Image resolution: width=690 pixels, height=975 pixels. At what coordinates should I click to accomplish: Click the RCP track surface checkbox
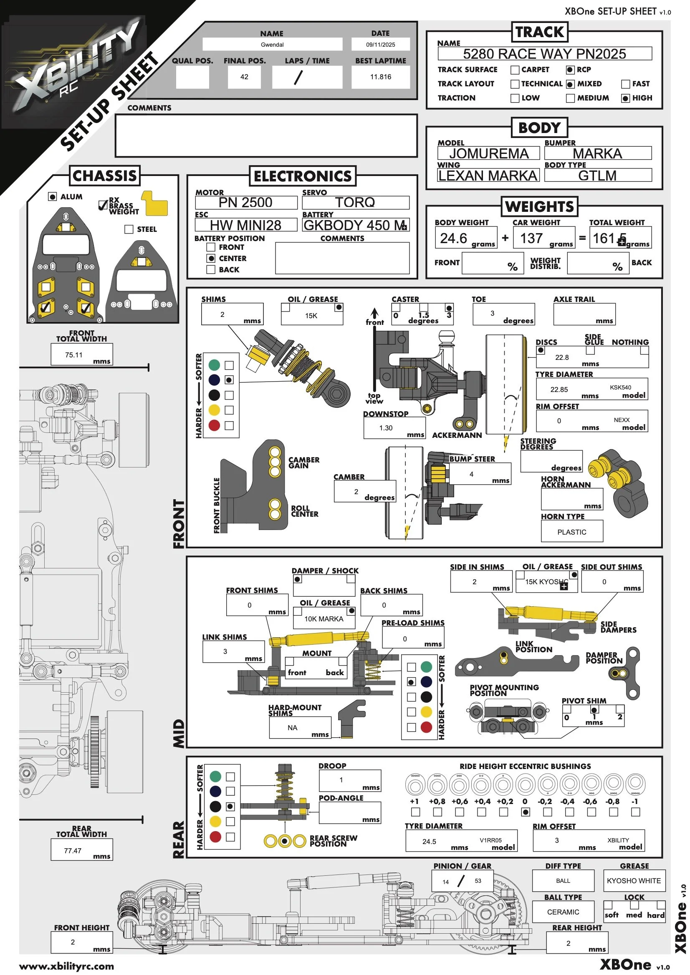pyautogui.click(x=570, y=70)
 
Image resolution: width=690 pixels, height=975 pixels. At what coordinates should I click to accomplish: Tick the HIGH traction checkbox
pyautogui.click(x=625, y=98)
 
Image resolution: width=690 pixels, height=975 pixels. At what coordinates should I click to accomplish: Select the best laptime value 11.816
pyautogui.click(x=380, y=77)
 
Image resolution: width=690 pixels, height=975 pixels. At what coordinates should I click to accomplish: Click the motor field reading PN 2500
pyautogui.click(x=245, y=203)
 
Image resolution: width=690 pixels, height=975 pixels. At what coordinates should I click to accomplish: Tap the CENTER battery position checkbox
pyautogui.click(x=211, y=258)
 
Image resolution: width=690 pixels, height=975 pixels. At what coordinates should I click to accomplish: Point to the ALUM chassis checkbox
pyautogui.click(x=52, y=196)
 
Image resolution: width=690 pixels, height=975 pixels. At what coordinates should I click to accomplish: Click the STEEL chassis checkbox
pyautogui.click(x=129, y=229)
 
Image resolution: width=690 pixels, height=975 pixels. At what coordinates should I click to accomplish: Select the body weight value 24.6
pyautogui.click(x=453, y=238)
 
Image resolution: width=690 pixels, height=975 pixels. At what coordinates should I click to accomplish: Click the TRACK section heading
pyautogui.click(x=539, y=32)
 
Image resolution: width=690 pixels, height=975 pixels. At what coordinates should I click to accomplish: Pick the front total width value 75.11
pyautogui.click(x=73, y=354)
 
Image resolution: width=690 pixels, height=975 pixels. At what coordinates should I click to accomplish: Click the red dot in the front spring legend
pyautogui.click(x=214, y=425)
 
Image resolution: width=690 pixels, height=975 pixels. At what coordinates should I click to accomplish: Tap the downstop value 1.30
pyautogui.click(x=386, y=427)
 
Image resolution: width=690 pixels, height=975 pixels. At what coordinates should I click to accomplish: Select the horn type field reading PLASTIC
pyautogui.click(x=571, y=532)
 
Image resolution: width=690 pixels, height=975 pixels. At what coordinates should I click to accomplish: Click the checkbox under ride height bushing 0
pyautogui.click(x=526, y=812)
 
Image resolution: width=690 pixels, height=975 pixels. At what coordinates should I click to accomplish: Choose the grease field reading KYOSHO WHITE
pyautogui.click(x=634, y=881)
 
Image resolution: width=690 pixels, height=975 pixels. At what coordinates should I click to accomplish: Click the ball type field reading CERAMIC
pyautogui.click(x=563, y=912)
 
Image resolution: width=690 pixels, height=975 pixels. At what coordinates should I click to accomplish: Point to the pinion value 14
pyautogui.click(x=445, y=882)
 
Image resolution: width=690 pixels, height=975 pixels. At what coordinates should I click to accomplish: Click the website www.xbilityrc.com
pyautogui.click(x=67, y=966)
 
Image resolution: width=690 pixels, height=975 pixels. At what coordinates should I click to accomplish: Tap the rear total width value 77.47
pyautogui.click(x=73, y=851)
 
